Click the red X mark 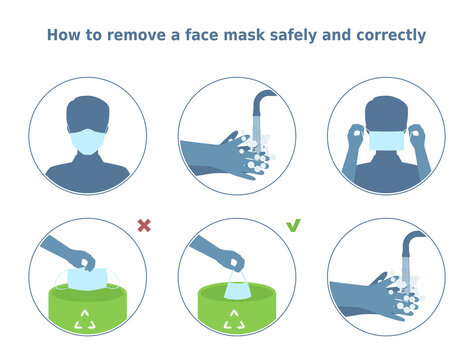[x=143, y=227]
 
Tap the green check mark [x=294, y=226]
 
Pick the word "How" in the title [x=64, y=35]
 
